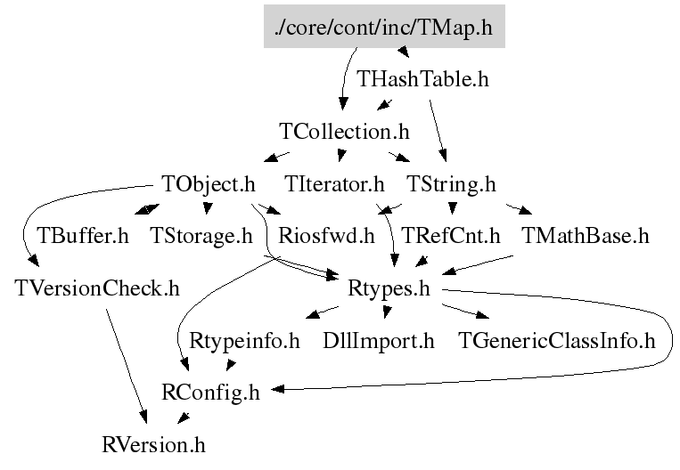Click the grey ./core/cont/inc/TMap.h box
click(x=385, y=26)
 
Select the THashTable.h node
click(x=422, y=78)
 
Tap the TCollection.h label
click(x=344, y=132)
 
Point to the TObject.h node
click(x=209, y=184)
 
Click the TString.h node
click(x=451, y=184)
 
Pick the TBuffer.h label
click(x=83, y=236)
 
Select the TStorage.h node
click(x=203, y=236)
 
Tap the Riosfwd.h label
click(x=326, y=236)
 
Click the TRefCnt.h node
click(x=451, y=236)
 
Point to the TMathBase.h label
click(x=585, y=236)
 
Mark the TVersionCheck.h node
click(x=97, y=288)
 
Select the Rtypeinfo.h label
click(x=245, y=340)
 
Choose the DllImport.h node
click(x=379, y=340)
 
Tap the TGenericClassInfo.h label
click(x=556, y=340)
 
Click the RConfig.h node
click(x=210, y=392)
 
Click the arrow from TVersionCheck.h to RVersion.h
click(x=127, y=365)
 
